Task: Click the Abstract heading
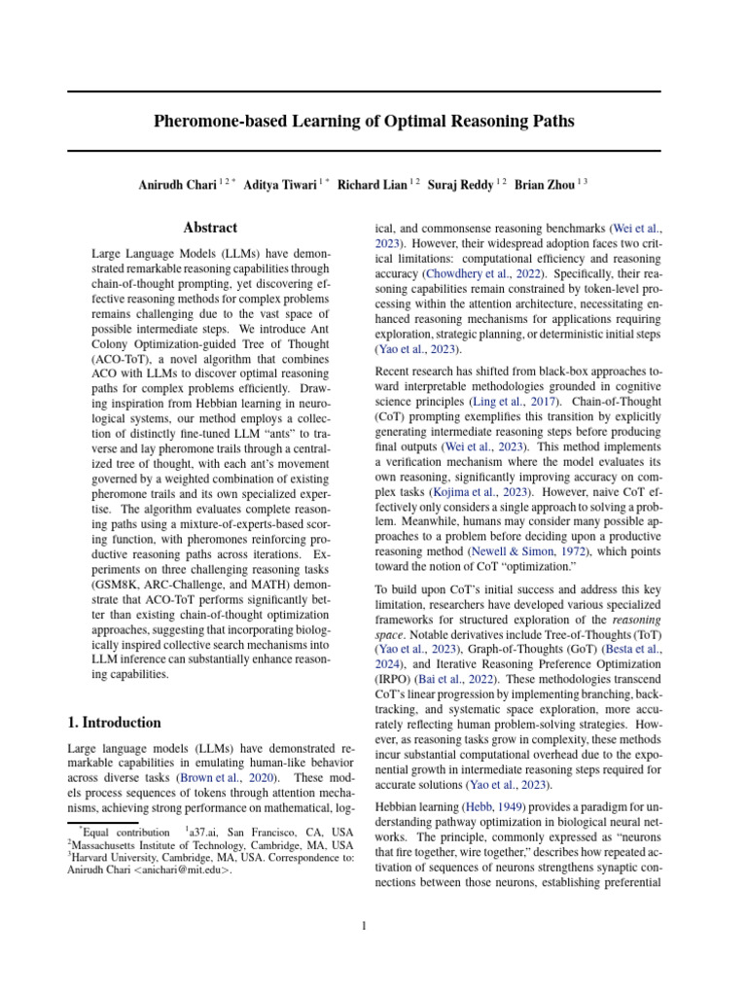[210, 228]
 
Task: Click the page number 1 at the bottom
[364, 925]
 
